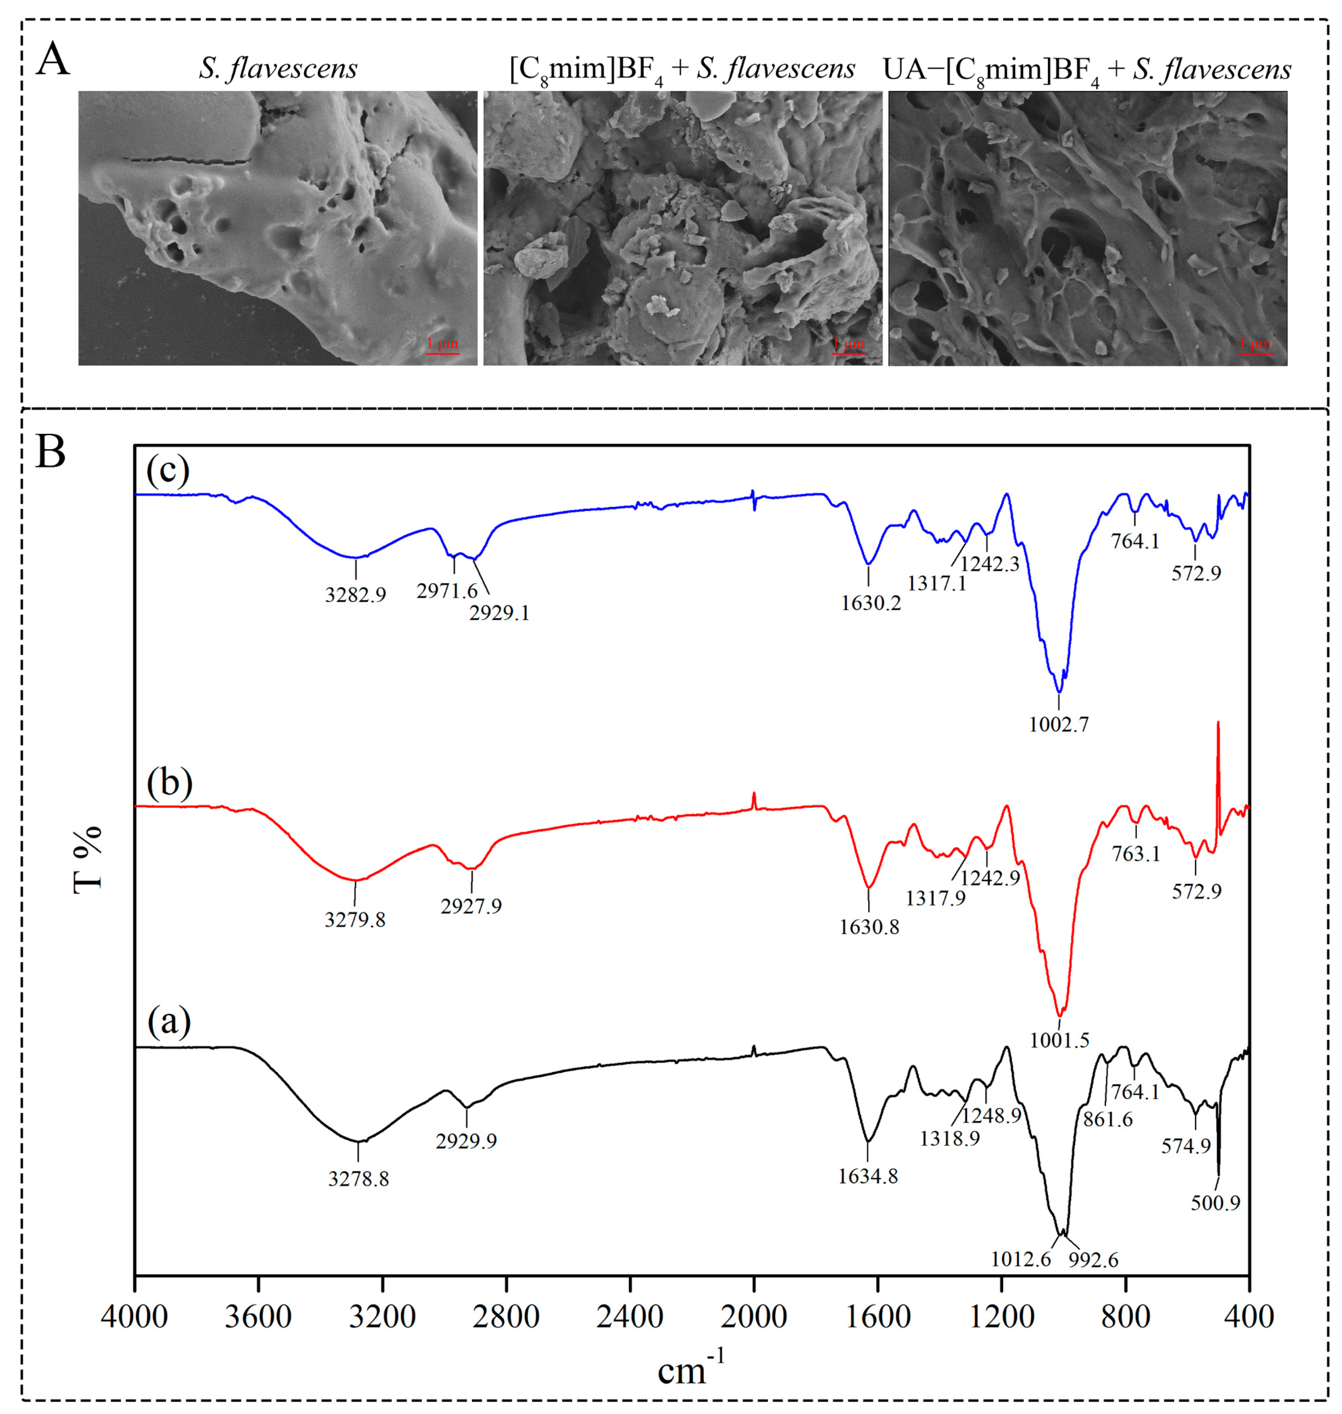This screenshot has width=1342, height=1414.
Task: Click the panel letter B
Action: (51, 453)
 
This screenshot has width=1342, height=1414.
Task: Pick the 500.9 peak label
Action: (1215, 1203)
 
